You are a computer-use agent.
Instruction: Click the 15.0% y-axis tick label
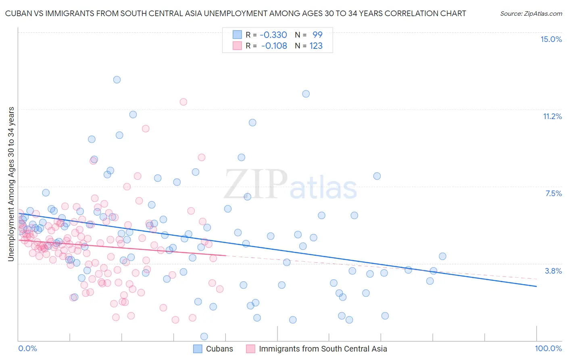click(x=551, y=39)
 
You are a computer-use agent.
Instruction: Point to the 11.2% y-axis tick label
click(x=552, y=116)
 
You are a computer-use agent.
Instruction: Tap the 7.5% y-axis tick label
click(x=553, y=193)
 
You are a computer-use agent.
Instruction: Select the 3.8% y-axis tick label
click(x=553, y=271)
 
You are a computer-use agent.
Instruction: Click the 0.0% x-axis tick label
click(x=27, y=348)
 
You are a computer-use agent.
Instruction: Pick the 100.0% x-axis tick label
click(x=548, y=348)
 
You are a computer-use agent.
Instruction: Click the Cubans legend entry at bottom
click(x=219, y=349)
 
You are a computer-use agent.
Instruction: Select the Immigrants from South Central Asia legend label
click(x=323, y=349)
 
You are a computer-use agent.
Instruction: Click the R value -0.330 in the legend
click(x=273, y=35)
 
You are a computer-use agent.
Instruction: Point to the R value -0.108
click(x=274, y=46)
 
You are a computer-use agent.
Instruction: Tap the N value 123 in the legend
click(x=316, y=46)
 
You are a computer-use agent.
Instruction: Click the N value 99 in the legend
click(x=317, y=35)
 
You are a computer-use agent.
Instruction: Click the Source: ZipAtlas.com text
click(x=531, y=14)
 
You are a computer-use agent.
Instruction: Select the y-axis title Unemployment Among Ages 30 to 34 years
click(x=11, y=184)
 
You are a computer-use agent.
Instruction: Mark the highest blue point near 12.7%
click(x=117, y=80)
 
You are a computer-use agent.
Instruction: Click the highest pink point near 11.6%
click(x=183, y=102)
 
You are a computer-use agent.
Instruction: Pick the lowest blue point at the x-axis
click(x=204, y=336)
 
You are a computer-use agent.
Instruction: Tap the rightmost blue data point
click(x=442, y=256)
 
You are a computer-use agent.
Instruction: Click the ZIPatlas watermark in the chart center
click(x=290, y=185)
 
